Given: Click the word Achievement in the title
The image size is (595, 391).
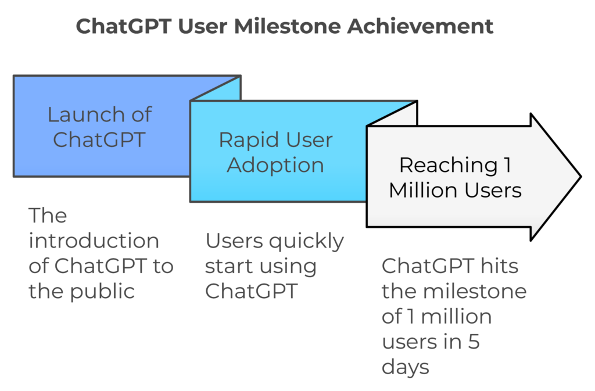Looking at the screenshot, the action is [x=421, y=27].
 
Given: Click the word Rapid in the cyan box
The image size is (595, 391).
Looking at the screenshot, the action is [x=246, y=140].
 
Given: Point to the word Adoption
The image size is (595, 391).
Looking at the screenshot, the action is [x=275, y=166].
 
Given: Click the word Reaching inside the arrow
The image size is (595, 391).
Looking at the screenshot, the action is [x=448, y=166].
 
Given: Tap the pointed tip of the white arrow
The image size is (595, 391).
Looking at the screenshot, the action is [x=580, y=177].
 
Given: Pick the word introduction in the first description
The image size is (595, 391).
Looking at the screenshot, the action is [x=94, y=241].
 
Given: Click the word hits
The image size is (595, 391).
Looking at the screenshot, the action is [x=499, y=266].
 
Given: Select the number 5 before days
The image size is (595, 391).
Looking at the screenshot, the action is [x=474, y=342].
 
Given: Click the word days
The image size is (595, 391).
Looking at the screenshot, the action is [x=405, y=368].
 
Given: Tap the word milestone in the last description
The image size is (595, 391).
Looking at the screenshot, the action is [x=475, y=292].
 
